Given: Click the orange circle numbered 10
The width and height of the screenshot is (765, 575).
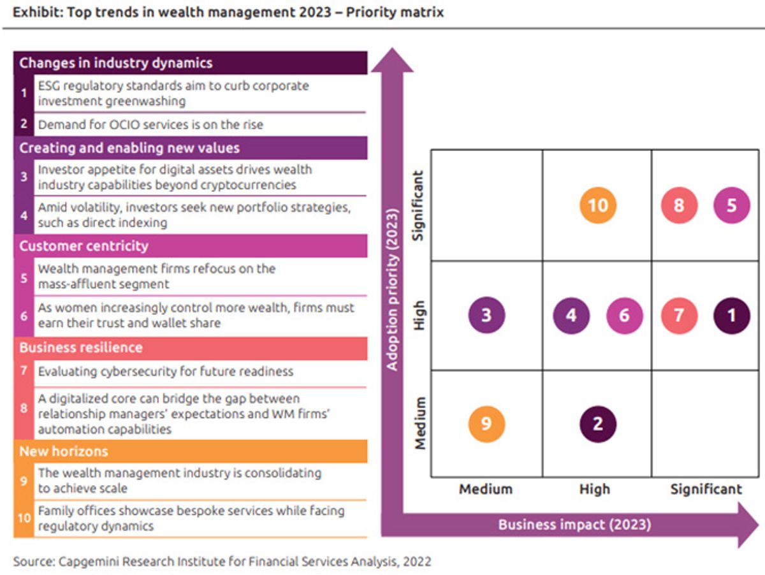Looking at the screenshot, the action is [x=598, y=205].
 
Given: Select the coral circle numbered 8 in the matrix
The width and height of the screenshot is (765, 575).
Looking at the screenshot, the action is [x=679, y=205].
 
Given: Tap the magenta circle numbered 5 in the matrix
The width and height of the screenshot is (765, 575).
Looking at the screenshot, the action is [x=732, y=205].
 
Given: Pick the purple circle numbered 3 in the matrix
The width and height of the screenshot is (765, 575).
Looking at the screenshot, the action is [x=486, y=315].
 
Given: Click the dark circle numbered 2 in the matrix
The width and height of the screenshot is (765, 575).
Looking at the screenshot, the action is [x=598, y=424].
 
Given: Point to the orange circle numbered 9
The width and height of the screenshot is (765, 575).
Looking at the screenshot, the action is [x=486, y=424].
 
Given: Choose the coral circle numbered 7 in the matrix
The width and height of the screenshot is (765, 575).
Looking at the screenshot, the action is [x=679, y=316].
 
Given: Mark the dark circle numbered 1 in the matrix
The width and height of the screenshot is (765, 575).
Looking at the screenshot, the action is [x=732, y=316].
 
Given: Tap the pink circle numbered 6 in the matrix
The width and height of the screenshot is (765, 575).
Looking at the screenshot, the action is [x=624, y=316].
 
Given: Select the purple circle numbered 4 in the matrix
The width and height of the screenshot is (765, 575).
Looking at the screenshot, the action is [x=571, y=316].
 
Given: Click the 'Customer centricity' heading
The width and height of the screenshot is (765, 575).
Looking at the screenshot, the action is [x=84, y=246].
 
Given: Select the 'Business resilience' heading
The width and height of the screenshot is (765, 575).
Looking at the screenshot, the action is [x=81, y=348].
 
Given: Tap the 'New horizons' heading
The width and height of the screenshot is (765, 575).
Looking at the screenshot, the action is [x=64, y=451].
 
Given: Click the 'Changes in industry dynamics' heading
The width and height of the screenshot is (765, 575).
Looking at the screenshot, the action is [x=116, y=63].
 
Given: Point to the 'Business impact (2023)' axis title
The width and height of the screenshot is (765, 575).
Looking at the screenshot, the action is [x=574, y=525].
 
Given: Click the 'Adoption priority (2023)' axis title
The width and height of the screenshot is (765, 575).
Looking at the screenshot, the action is [x=393, y=289].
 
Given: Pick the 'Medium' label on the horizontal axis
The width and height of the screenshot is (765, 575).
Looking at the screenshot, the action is [x=486, y=490].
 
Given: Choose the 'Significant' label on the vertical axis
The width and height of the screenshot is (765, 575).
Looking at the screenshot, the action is [x=418, y=206].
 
